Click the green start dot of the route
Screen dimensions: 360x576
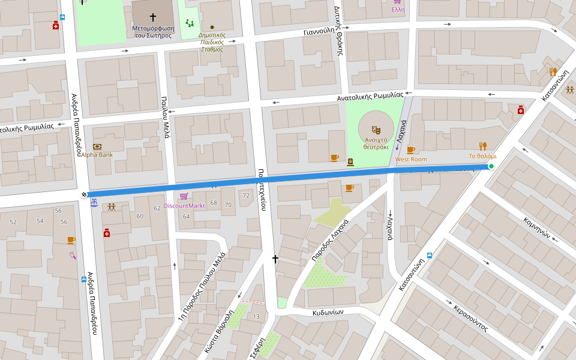491,166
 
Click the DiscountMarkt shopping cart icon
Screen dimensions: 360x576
184,196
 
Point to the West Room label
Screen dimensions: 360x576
411,159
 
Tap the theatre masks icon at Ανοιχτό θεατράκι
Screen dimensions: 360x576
376,129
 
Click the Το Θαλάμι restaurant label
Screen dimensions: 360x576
482,156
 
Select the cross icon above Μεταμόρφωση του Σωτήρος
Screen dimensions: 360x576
152,17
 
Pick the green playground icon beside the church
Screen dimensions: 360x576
190,23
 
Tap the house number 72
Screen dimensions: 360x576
245,196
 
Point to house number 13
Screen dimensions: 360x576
256,316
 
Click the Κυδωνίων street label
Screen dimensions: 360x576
328,313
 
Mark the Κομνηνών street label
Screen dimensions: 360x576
537,228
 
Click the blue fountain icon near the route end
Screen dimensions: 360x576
94,204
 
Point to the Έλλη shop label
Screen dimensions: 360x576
398,10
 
